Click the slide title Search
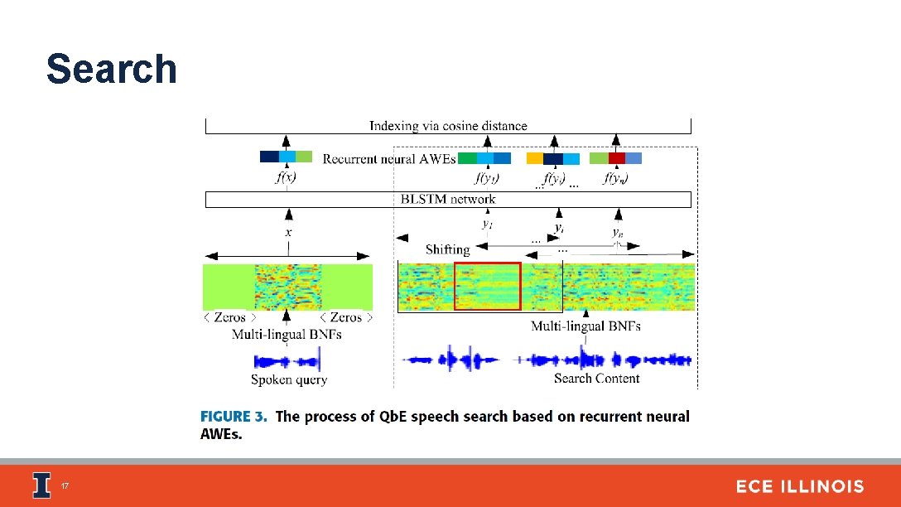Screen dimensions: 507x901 click(112, 69)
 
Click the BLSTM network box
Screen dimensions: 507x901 click(448, 200)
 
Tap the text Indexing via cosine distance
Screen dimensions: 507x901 click(448, 126)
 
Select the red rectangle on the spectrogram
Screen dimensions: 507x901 click(487, 286)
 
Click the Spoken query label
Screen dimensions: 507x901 click(289, 379)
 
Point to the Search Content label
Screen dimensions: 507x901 click(596, 379)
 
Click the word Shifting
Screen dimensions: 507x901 click(447, 249)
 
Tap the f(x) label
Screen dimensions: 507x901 click(286, 177)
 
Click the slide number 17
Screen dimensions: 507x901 click(64, 486)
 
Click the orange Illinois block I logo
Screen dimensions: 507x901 click(41, 485)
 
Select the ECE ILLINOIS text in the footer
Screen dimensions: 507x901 click(799, 487)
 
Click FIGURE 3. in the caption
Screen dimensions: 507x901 click(234, 417)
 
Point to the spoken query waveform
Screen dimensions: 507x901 click(287, 361)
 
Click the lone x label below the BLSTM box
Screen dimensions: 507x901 click(288, 233)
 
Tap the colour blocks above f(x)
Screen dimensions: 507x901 click(286, 157)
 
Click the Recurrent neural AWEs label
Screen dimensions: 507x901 click(388, 158)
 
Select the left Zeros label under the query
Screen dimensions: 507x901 click(229, 317)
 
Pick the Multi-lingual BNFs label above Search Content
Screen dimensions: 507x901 click(585, 326)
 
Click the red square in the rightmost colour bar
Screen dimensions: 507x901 click(616, 157)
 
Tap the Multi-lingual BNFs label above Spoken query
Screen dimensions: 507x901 click(287, 334)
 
